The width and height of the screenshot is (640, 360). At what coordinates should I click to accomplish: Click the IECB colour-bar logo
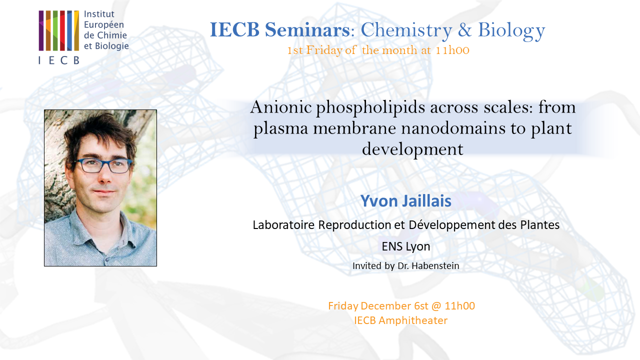tap(58, 30)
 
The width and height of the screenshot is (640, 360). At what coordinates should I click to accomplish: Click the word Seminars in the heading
tap(307, 30)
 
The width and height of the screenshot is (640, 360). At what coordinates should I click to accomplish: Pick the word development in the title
tap(412, 149)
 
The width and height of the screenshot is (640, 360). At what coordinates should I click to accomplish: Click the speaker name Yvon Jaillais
tap(405, 201)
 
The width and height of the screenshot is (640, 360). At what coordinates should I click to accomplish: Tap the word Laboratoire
tap(283, 225)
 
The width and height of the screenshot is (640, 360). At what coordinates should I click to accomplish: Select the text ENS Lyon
tap(405, 246)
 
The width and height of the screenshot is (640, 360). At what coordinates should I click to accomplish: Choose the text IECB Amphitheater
tap(400, 320)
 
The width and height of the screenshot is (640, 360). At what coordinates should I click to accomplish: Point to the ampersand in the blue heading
tap(464, 30)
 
